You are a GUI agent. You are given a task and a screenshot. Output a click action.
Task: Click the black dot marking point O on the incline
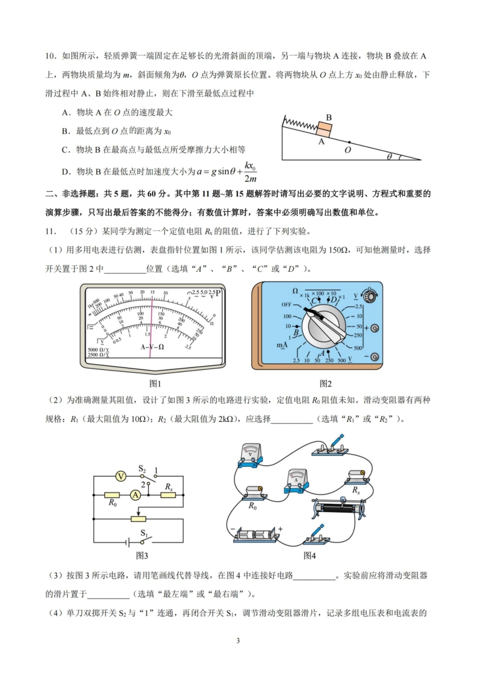[x=349, y=142]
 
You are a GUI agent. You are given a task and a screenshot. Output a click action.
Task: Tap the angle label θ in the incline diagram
[x=389, y=157]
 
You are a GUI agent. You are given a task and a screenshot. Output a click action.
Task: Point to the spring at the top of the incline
[x=300, y=123]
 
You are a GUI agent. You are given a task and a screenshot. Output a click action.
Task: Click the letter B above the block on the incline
[x=328, y=118]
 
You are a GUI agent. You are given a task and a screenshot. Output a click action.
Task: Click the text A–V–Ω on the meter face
[x=152, y=347]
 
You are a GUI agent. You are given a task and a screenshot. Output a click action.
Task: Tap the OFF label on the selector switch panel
[x=286, y=304]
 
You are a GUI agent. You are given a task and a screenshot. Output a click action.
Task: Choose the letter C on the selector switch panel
[x=315, y=301]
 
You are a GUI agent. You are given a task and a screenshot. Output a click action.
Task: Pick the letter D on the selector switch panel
[x=333, y=300]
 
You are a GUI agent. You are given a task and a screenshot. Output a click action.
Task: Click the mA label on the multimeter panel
[x=282, y=345]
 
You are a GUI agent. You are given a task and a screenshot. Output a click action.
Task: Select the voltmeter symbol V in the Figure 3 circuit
[x=121, y=476]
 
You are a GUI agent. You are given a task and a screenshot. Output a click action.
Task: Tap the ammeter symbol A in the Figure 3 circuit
[x=135, y=495]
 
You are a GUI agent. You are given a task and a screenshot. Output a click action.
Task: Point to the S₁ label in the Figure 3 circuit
[x=144, y=533]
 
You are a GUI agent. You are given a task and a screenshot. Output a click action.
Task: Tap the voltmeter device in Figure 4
[x=250, y=456]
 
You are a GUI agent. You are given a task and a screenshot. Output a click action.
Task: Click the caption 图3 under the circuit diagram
[x=142, y=555]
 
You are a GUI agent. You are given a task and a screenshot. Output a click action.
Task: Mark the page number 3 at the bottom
[x=238, y=640]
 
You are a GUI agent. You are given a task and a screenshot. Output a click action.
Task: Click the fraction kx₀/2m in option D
[x=250, y=172]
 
